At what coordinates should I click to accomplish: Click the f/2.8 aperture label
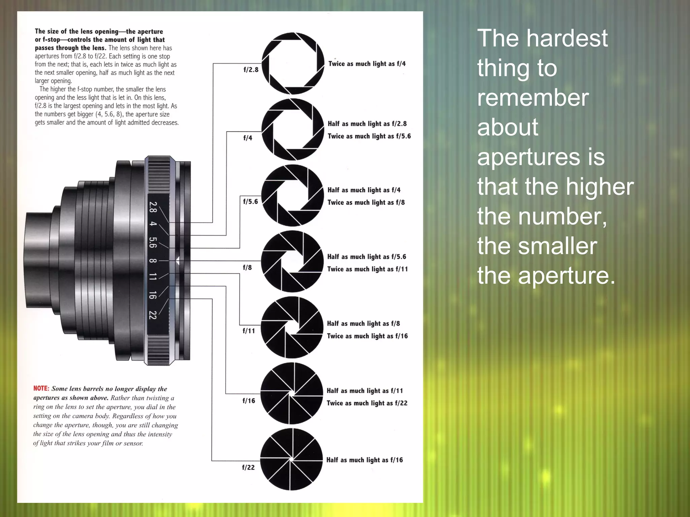(x=251, y=70)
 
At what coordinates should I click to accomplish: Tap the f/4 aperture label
(x=248, y=138)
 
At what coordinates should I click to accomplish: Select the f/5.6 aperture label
(x=251, y=201)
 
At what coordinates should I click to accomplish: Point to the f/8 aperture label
(x=247, y=267)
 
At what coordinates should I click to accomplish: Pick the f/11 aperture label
(x=249, y=331)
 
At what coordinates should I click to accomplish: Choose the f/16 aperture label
(x=249, y=401)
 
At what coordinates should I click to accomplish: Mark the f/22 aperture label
(x=248, y=467)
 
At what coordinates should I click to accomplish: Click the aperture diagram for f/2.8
(x=293, y=64)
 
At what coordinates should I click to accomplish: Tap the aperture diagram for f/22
(x=291, y=459)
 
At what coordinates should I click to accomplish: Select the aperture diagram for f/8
(x=292, y=261)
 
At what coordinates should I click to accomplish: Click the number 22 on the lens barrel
(x=153, y=315)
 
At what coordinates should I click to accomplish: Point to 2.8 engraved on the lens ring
(x=153, y=207)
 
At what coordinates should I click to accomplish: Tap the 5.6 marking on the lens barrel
(x=153, y=242)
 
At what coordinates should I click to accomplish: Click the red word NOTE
(x=41, y=388)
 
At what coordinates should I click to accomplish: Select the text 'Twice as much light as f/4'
(x=367, y=64)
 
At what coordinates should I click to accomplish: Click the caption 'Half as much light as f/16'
(x=365, y=460)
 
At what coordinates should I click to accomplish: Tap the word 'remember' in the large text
(x=533, y=98)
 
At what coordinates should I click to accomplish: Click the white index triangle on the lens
(x=178, y=260)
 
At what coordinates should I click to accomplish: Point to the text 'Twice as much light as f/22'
(x=367, y=403)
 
